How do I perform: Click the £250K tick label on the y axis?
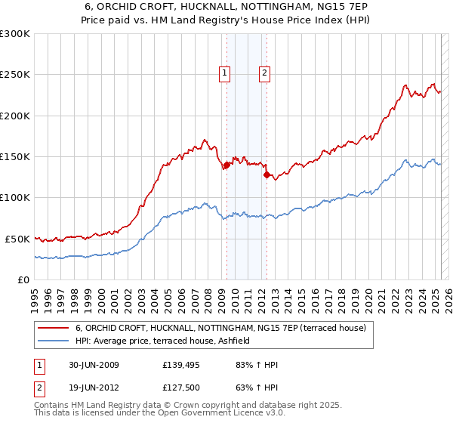[14, 75]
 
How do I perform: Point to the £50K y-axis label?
[17, 239]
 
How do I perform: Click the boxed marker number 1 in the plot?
[225, 73]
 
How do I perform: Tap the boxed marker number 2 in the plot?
[265, 73]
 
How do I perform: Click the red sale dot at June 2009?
[226, 165]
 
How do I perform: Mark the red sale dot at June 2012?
[267, 174]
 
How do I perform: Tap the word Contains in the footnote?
[52, 405]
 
